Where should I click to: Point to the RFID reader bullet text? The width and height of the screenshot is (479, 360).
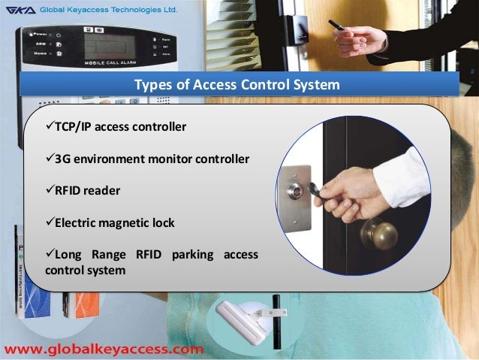(88, 191)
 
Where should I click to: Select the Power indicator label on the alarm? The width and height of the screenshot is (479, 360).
(38, 34)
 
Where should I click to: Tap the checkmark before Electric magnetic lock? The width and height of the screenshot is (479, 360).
(50, 222)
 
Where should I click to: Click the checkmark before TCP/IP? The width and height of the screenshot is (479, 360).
(50, 126)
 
